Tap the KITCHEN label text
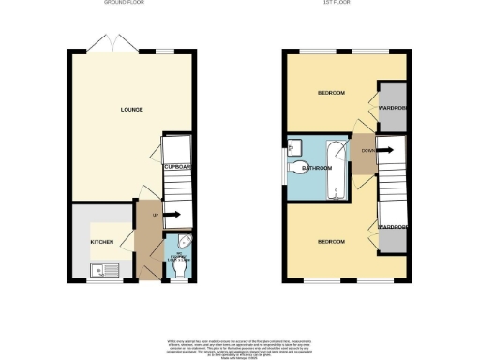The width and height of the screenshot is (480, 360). (101, 242)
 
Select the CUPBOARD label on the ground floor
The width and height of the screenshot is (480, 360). (177, 167)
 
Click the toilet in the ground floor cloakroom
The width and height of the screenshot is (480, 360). (179, 267)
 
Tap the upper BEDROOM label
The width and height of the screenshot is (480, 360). (330, 93)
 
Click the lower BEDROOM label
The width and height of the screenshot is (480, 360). (330, 242)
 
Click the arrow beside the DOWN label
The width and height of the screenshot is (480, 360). (384, 148)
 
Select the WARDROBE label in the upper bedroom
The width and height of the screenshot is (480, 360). (392, 107)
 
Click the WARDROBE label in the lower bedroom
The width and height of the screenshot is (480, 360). (392, 227)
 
